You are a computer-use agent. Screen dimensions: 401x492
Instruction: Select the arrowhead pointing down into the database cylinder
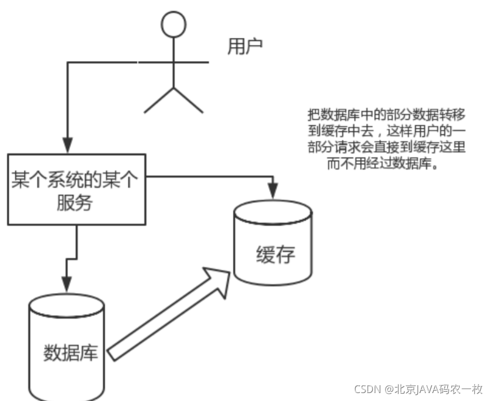point(67,283)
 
